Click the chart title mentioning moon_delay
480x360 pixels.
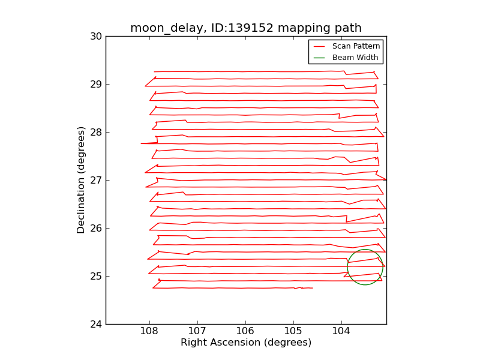point(245,28)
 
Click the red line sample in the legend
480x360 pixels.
point(319,46)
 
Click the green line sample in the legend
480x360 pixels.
point(319,58)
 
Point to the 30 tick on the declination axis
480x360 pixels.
point(96,36)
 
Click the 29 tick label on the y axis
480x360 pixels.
point(96,84)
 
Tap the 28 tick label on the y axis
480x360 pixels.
point(96,132)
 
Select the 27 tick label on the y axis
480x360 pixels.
point(96,180)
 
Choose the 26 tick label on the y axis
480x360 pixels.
point(96,228)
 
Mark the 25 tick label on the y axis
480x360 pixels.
point(96,276)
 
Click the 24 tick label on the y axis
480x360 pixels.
point(96,324)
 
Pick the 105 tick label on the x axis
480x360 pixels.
point(293,332)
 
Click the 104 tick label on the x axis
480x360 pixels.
point(341,332)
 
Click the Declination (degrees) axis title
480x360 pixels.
point(82,180)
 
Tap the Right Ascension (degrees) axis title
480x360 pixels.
point(246,343)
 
